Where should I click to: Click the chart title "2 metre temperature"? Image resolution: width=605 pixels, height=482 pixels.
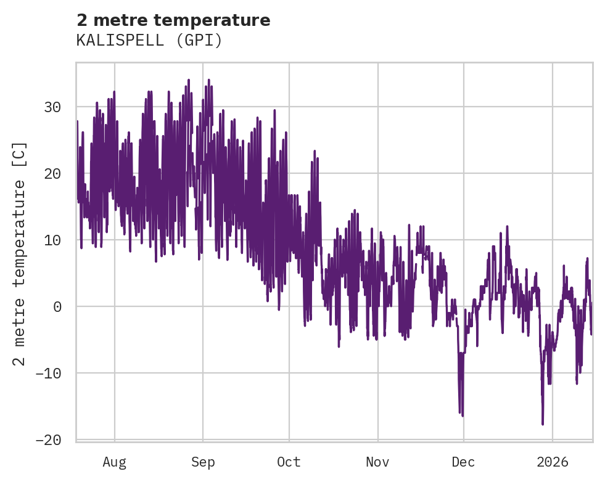pyautogui.click(x=173, y=20)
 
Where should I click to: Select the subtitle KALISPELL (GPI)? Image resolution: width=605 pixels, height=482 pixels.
pyautogui.click(x=149, y=41)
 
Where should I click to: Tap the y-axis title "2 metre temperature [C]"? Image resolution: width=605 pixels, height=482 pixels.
pyautogui.click(x=20, y=253)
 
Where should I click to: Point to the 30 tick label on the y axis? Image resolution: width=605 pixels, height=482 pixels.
pyautogui.click(x=52, y=107)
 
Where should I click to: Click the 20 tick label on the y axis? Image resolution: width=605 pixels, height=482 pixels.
pyautogui.click(x=52, y=174)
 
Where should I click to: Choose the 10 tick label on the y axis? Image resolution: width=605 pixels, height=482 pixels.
pyautogui.click(x=52, y=240)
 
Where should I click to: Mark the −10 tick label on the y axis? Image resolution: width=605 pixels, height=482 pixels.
pyautogui.click(x=48, y=374)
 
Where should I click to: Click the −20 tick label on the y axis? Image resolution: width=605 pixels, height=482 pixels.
pyautogui.click(x=48, y=440)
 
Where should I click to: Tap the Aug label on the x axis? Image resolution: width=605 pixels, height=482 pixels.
pyautogui.click(x=114, y=462)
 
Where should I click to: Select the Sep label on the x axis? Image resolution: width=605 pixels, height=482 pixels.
pyautogui.click(x=203, y=462)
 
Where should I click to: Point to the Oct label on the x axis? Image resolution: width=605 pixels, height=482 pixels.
pyautogui.click(x=289, y=462)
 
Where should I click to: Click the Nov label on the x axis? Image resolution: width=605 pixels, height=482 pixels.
pyautogui.click(x=377, y=462)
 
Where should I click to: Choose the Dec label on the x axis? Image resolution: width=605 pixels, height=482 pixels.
pyautogui.click(x=463, y=462)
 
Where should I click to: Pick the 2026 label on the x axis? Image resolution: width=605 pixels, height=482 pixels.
pyautogui.click(x=552, y=462)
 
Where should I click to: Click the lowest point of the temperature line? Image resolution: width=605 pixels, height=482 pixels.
pyautogui.click(x=543, y=424)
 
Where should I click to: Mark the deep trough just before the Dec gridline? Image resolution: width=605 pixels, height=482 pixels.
pyautogui.click(x=462, y=415)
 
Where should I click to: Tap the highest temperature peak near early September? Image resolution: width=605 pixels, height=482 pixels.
pyautogui.click(x=208, y=80)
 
